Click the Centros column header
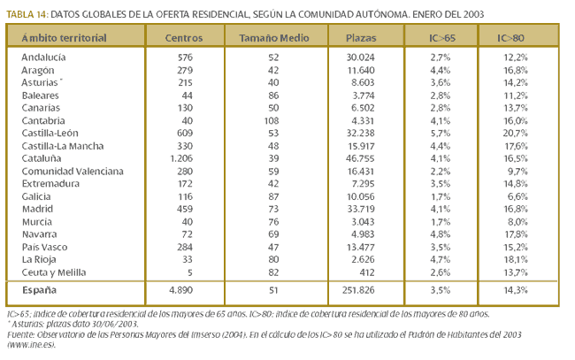coord(184,38)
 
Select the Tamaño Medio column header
coord(274,38)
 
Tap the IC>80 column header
coord(510,38)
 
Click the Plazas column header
coord(361,38)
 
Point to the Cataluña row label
coord(42,158)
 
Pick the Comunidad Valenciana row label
coord(73,172)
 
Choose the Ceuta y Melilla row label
coord(54,272)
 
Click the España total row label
coord(39,290)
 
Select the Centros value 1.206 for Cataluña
coord(181,158)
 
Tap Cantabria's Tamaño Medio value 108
coord(272,120)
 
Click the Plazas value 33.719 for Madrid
coord(360,209)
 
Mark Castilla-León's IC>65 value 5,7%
coord(441,133)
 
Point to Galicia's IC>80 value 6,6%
coord(517,196)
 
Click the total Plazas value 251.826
coord(358,290)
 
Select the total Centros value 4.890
coord(181,290)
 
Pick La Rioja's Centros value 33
coord(188,259)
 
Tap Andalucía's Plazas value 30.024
coord(360,57)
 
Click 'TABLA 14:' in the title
coord(27,14)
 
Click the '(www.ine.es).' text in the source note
coord(31,345)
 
